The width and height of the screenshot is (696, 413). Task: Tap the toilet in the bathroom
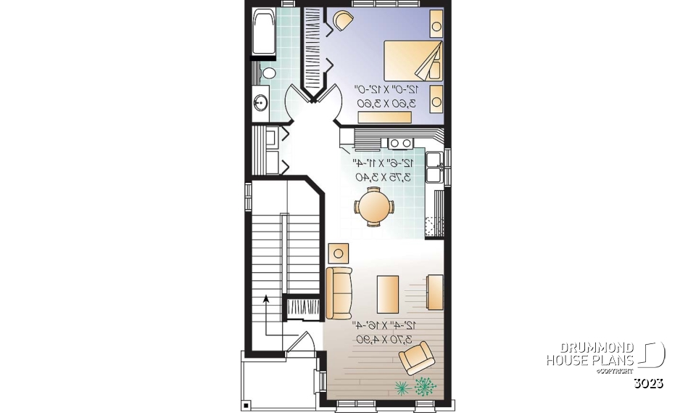pyautogui.click(x=268, y=73)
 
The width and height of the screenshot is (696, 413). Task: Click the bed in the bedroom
pyautogui.click(x=413, y=60)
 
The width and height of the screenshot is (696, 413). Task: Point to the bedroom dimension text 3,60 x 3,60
pyautogui.click(x=385, y=104)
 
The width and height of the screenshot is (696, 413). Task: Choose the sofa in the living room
pyautogui.click(x=339, y=293)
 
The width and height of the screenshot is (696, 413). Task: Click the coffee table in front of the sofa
pyautogui.click(x=387, y=294)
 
